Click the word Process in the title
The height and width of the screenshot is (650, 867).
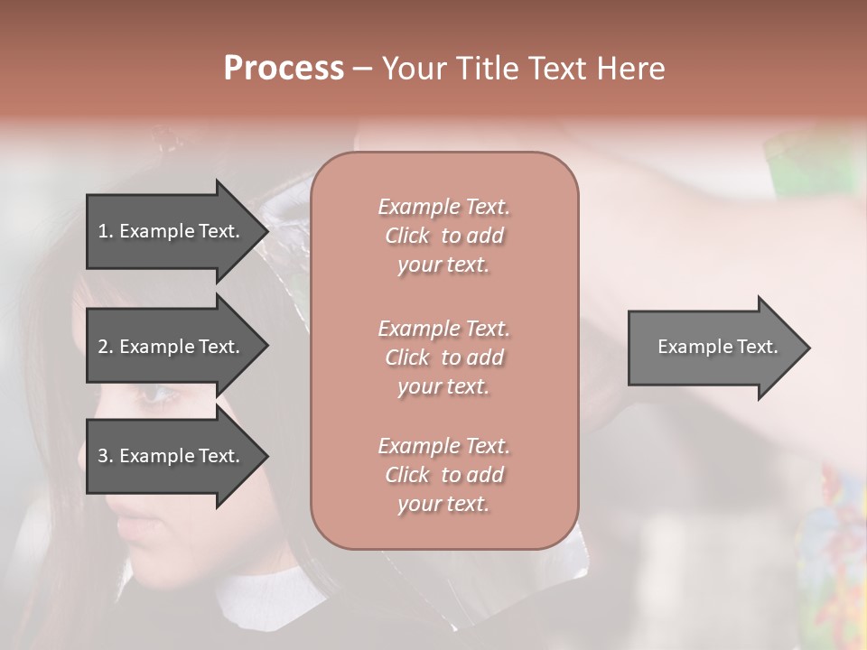(x=284, y=69)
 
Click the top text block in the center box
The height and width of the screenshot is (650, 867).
(x=443, y=236)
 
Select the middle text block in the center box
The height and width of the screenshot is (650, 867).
(x=443, y=357)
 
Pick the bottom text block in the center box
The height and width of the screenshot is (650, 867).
(x=443, y=475)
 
